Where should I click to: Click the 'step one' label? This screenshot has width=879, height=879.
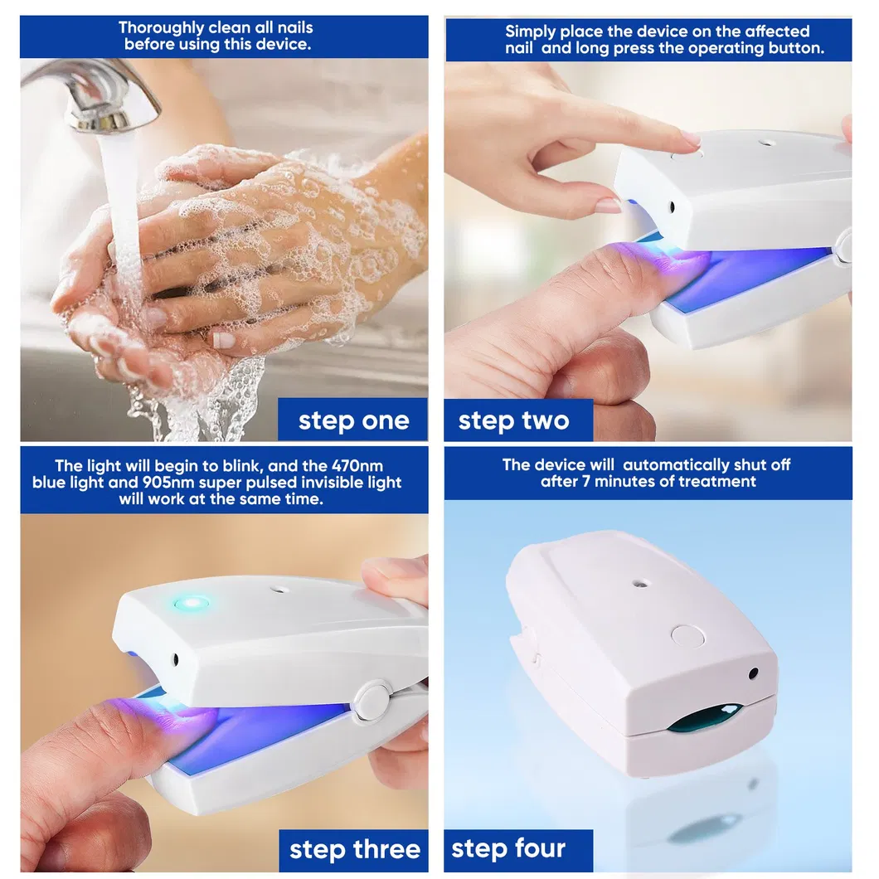[x=353, y=420]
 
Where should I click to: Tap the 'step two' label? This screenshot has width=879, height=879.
[x=514, y=420]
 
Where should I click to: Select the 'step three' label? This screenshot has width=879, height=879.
[x=354, y=850]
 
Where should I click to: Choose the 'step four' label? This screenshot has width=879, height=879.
[x=508, y=849]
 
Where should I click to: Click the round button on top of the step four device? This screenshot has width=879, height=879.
[x=687, y=637]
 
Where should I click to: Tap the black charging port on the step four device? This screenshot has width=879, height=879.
[x=753, y=673]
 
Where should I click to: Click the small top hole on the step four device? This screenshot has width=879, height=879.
[x=639, y=583]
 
